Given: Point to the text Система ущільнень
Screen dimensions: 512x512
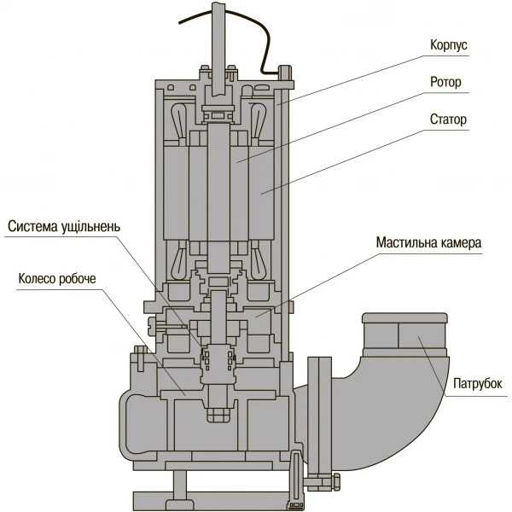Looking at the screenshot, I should [65, 227].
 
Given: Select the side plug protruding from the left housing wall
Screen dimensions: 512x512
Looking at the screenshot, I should [156, 324].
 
